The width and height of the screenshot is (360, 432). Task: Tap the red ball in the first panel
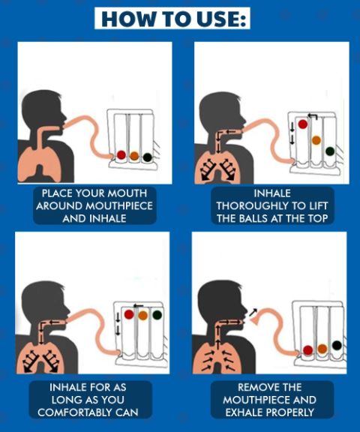coord(121,154)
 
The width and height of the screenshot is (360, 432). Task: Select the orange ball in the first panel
coord(134,156)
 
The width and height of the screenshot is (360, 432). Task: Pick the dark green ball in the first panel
coord(147,157)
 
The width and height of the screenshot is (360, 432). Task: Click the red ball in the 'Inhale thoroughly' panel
coord(303,124)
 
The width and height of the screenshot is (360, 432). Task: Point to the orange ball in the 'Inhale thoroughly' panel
coord(316,140)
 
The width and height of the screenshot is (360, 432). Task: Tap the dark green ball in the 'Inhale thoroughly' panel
coord(330,151)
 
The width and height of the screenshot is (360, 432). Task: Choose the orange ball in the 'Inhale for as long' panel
coord(143,315)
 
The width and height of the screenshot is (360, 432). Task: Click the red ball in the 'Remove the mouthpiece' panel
coord(308,350)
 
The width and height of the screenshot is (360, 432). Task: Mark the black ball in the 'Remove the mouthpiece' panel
coord(337,345)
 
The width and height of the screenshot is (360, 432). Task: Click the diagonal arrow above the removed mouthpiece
coord(253,312)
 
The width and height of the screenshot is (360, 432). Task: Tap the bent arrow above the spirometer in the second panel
coord(313,115)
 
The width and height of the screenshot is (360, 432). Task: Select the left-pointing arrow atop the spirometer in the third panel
coord(138,306)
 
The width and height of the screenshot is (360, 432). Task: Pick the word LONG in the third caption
coord(64,400)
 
